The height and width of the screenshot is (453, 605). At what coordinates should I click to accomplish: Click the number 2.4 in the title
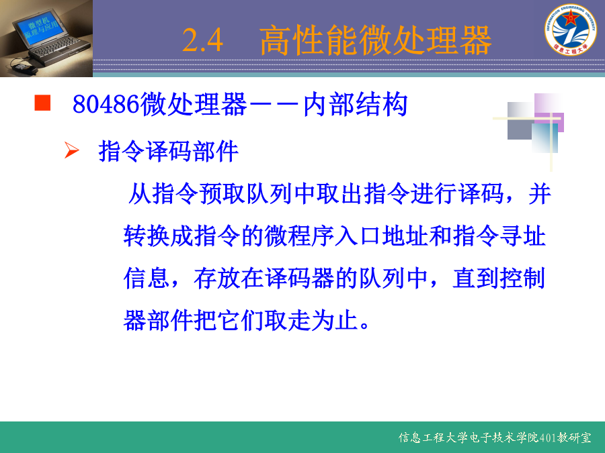tap(202, 40)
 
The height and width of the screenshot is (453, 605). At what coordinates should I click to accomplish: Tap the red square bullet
tap(42, 103)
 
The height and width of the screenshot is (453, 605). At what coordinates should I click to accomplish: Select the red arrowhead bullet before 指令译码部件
tap(72, 150)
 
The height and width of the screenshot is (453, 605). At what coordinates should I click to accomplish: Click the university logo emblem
tap(571, 30)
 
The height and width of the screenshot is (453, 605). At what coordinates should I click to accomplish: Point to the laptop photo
tap(46, 38)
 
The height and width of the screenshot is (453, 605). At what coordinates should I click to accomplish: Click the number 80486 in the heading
tap(106, 104)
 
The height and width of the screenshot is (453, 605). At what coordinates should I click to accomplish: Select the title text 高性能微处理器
tap(375, 40)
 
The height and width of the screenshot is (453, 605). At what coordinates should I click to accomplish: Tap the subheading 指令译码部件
tap(168, 151)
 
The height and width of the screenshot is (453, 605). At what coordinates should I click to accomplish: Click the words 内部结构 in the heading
tap(356, 105)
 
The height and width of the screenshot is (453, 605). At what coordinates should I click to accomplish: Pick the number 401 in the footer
tap(548, 438)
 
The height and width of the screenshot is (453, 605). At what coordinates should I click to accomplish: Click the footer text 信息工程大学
tap(434, 438)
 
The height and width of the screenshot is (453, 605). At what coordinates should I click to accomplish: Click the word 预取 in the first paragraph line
tap(222, 193)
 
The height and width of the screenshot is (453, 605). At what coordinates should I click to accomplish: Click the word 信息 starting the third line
tap(147, 278)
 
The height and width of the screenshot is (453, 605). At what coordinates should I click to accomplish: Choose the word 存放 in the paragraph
tap(217, 278)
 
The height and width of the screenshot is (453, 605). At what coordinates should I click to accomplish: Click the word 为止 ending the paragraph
tap(335, 321)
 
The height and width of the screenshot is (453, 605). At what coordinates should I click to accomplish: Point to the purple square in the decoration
tap(549, 113)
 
